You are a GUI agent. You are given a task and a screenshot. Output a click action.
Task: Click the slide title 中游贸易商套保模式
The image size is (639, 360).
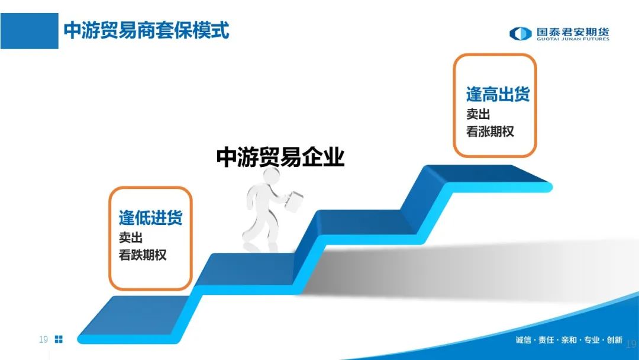(147, 31)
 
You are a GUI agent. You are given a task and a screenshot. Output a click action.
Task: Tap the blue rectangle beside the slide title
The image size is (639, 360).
(30, 31)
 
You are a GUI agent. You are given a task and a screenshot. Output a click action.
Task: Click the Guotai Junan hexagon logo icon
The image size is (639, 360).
(521, 33)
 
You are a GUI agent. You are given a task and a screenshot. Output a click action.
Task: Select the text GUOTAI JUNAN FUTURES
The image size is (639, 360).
(573, 39)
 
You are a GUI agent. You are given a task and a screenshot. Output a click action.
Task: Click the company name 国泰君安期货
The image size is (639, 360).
(573, 32)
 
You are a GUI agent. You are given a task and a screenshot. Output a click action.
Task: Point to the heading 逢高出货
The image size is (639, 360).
(498, 94)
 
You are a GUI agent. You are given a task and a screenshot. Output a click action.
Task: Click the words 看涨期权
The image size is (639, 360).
(490, 131)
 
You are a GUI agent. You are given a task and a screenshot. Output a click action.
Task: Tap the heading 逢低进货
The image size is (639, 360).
(150, 217)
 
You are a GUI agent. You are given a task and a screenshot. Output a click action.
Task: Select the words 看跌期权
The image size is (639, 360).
(143, 255)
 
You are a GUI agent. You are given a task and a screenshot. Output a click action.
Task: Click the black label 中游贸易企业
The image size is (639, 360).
(280, 157)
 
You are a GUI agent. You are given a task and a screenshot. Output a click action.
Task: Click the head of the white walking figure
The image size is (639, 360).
(270, 176)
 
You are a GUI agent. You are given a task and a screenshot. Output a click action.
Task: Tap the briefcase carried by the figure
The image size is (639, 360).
(294, 201)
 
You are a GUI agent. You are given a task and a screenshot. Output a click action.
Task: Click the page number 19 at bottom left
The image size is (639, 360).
(43, 339)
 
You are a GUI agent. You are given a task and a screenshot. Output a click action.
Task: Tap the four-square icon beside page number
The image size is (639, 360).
(59, 339)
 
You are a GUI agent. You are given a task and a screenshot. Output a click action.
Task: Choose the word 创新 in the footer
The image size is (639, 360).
(615, 340)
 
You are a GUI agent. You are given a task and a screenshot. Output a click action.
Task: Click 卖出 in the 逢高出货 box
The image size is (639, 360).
(478, 114)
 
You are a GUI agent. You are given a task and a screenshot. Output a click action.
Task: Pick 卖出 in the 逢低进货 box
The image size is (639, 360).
(130, 237)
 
